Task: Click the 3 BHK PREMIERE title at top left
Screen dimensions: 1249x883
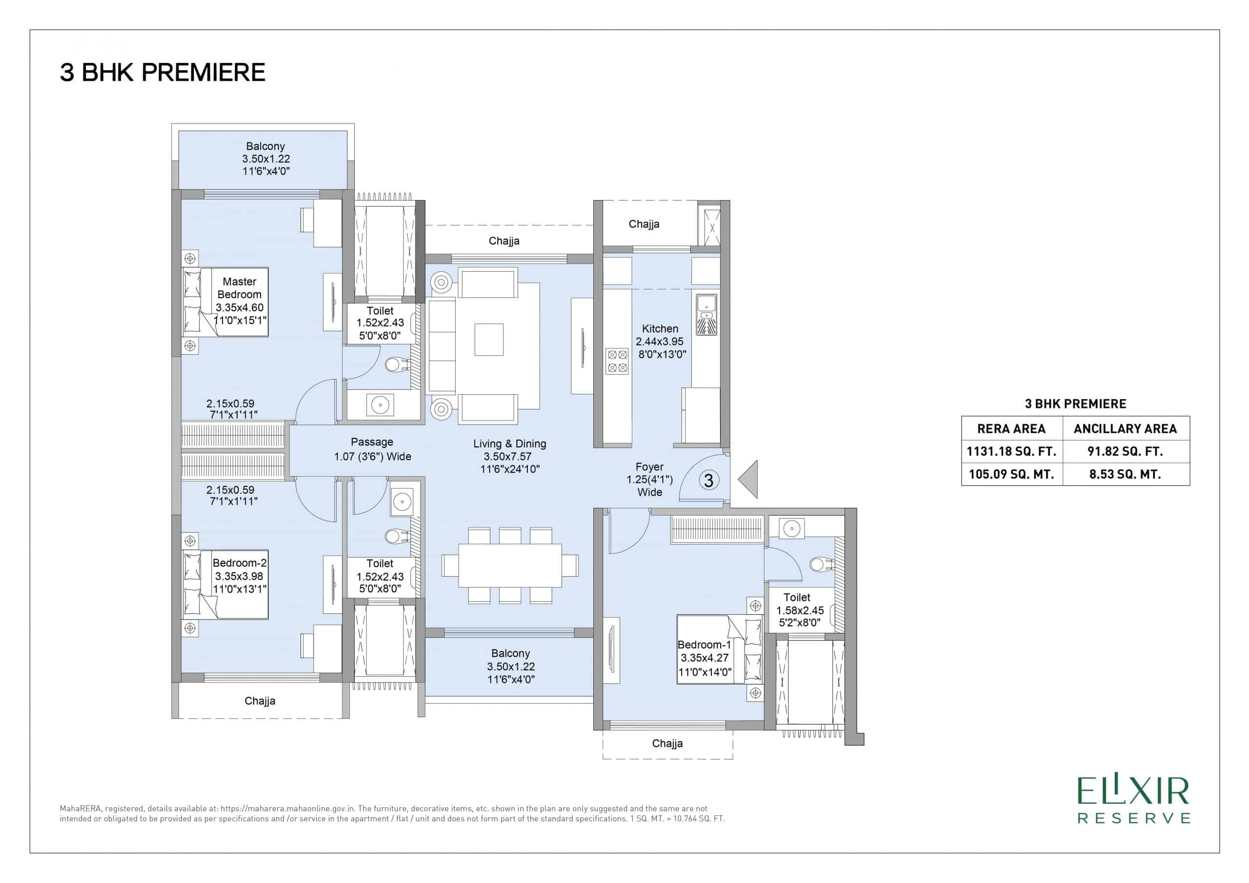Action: pyautogui.click(x=162, y=72)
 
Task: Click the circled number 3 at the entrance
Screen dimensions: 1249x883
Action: pyautogui.click(x=709, y=481)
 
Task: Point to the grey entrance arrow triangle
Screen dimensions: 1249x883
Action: pyautogui.click(x=751, y=480)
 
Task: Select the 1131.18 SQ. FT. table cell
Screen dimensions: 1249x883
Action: pyautogui.click(x=1011, y=451)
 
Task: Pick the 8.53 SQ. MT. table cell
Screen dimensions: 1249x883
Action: pyautogui.click(x=1126, y=474)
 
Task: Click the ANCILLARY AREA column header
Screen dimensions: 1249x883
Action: pyautogui.click(x=1126, y=429)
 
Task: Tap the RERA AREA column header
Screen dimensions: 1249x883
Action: pyautogui.click(x=1011, y=429)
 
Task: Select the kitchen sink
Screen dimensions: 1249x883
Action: pyautogui.click(x=706, y=315)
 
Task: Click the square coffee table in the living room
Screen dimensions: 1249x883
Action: pyautogui.click(x=488, y=340)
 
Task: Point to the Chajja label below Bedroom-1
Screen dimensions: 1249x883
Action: pyautogui.click(x=667, y=743)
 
